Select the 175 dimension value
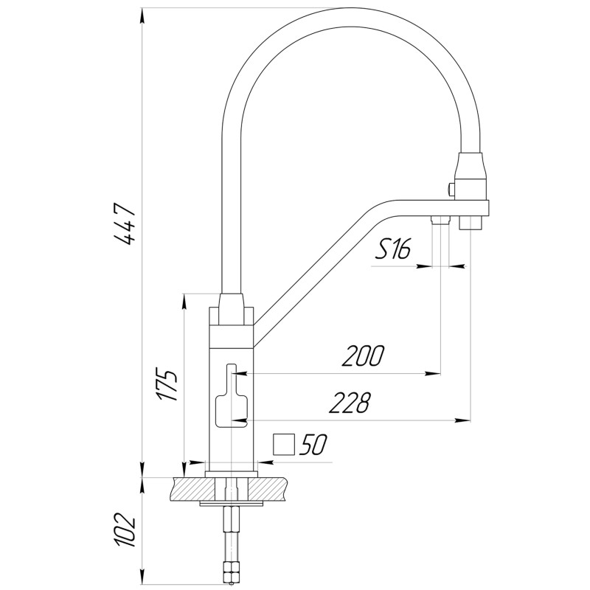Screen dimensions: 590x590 (167, 382)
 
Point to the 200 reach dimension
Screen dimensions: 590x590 (363, 356)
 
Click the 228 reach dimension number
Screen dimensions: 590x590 (350, 403)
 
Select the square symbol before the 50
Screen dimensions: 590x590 (284, 445)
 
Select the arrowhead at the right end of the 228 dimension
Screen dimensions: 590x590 (464, 420)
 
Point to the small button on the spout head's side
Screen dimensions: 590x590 (449, 188)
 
